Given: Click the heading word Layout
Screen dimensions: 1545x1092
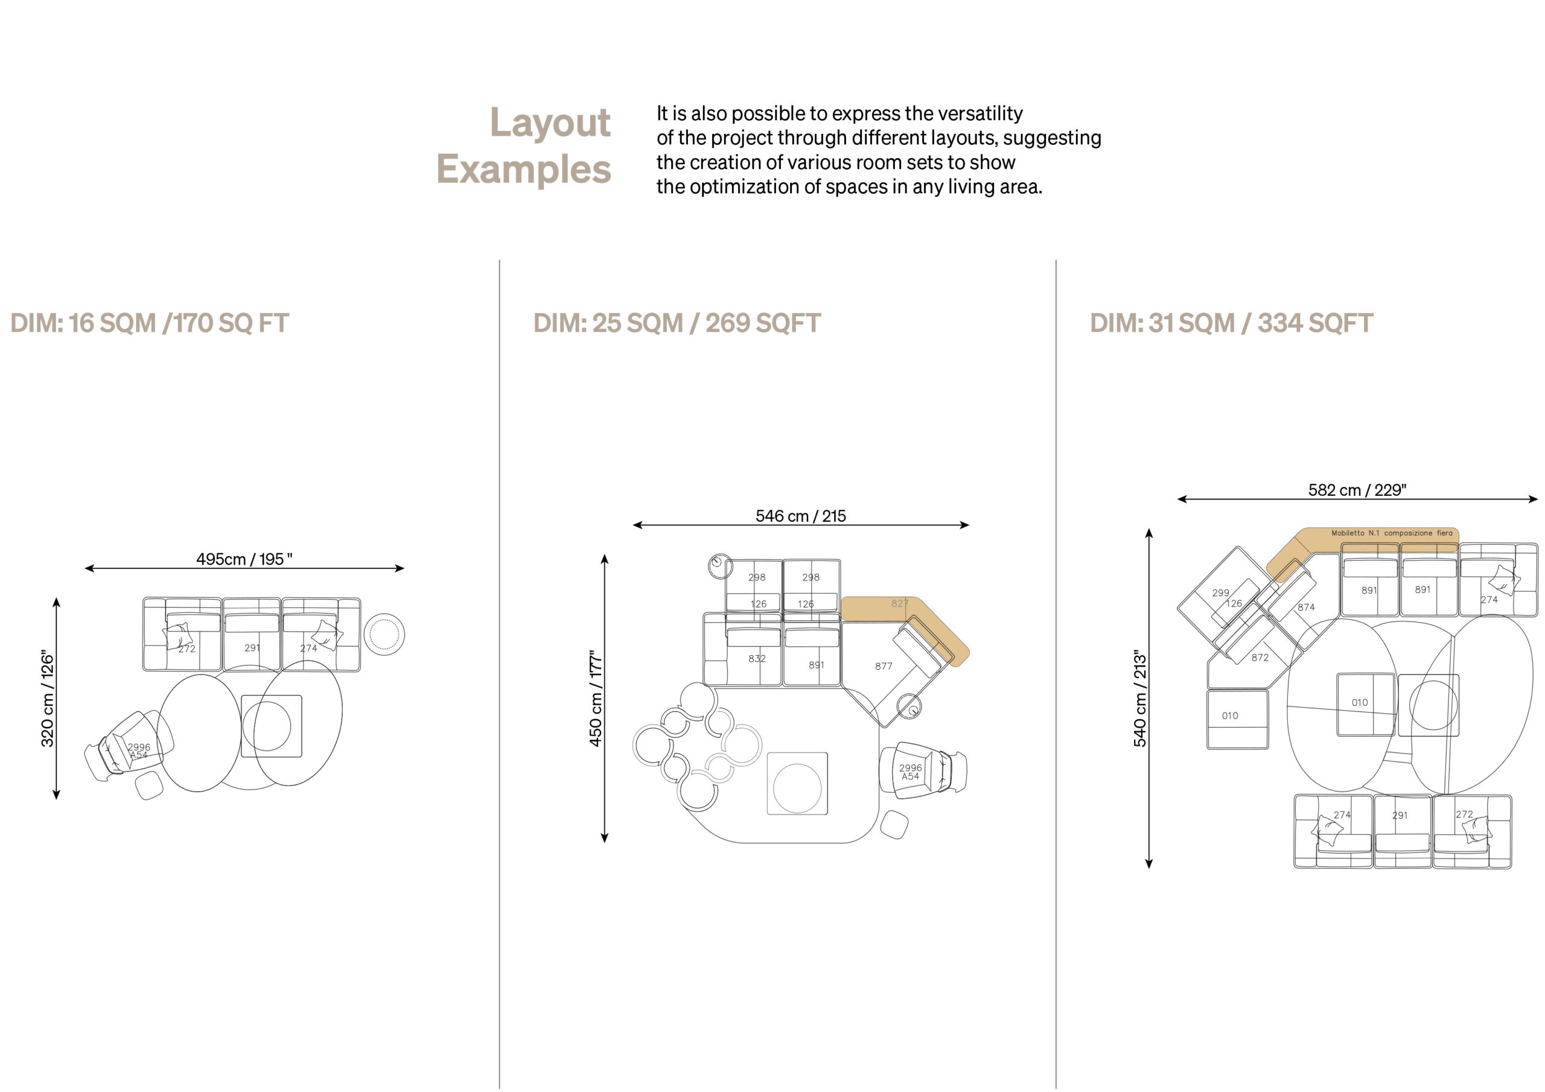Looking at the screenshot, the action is (x=550, y=123).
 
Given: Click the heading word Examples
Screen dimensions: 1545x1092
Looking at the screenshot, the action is (x=523, y=170).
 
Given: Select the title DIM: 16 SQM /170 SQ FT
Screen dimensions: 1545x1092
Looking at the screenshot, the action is (x=150, y=323).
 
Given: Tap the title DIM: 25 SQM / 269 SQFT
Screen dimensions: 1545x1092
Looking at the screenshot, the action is (x=677, y=323).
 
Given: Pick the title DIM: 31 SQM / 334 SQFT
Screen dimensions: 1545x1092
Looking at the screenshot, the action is (x=1231, y=323).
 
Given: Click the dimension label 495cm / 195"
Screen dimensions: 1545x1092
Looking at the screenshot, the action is (x=244, y=559).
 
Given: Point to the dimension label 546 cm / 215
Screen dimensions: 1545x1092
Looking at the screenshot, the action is (x=801, y=516).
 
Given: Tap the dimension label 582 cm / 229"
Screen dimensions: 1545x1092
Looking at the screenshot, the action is (x=1357, y=490).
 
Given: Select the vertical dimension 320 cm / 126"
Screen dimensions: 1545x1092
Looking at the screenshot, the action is (x=47, y=699).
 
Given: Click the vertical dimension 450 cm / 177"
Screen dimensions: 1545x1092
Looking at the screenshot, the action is (x=596, y=699).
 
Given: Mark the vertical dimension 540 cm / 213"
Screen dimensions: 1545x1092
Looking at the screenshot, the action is (x=1139, y=699).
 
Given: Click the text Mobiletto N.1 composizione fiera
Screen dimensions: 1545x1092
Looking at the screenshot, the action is (x=1392, y=533).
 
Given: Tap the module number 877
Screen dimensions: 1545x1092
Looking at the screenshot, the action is (x=884, y=666).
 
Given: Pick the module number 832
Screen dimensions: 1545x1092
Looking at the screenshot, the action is (x=757, y=659).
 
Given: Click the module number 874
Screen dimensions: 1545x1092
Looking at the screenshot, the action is (x=1306, y=607).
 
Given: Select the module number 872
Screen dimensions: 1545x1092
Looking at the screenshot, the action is (x=1260, y=658).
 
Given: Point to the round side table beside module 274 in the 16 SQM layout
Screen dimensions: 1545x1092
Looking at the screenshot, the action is (x=384, y=634).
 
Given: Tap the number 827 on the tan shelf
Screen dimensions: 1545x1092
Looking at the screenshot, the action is (x=900, y=603).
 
